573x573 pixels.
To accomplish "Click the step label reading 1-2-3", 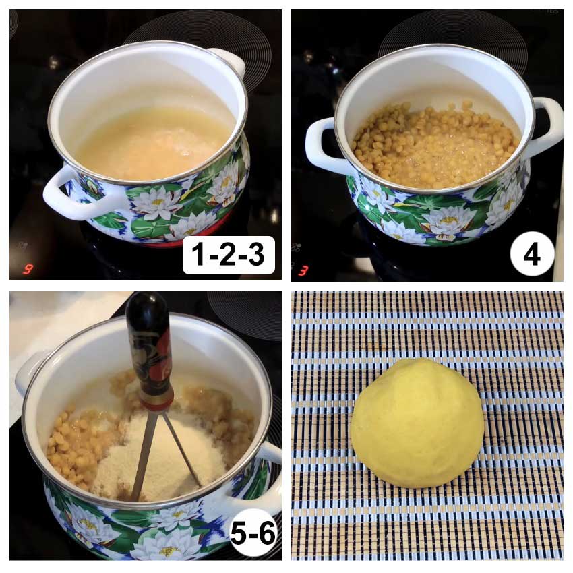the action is point(229,255).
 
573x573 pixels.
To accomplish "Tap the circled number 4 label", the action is point(532,255).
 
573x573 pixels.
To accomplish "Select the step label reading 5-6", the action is point(253,533).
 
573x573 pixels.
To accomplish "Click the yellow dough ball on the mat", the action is point(417,423).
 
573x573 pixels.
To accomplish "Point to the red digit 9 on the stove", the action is point(28,270).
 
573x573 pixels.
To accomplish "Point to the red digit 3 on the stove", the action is point(303,271).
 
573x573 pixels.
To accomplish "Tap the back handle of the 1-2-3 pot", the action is point(229,60).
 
